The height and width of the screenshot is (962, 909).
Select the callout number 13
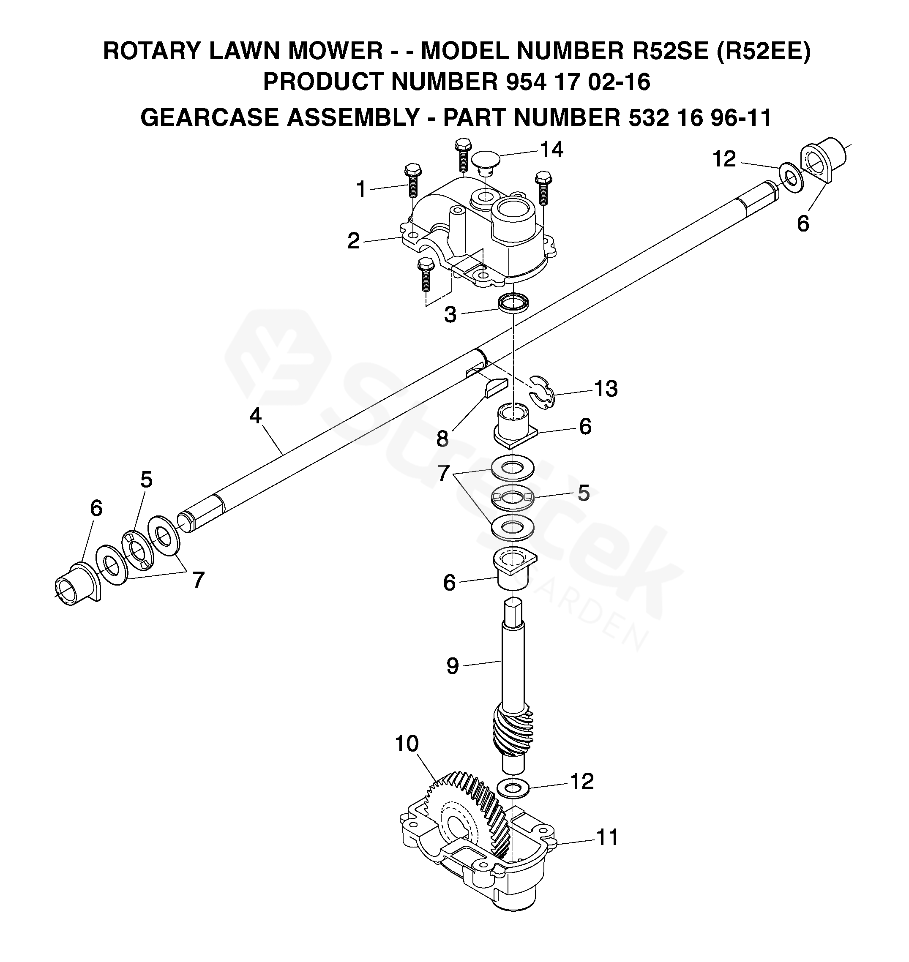tap(606, 389)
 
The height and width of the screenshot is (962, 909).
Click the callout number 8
tap(442, 439)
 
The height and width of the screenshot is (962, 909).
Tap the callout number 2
tap(354, 241)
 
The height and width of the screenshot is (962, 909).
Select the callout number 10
tap(407, 744)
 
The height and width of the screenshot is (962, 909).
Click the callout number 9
tap(452, 666)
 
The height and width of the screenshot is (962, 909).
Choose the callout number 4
tap(255, 416)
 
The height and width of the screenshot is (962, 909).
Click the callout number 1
tap(361, 189)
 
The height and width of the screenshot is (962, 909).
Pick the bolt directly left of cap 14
tap(463, 155)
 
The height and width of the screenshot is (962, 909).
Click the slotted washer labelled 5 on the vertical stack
tap(513, 497)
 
